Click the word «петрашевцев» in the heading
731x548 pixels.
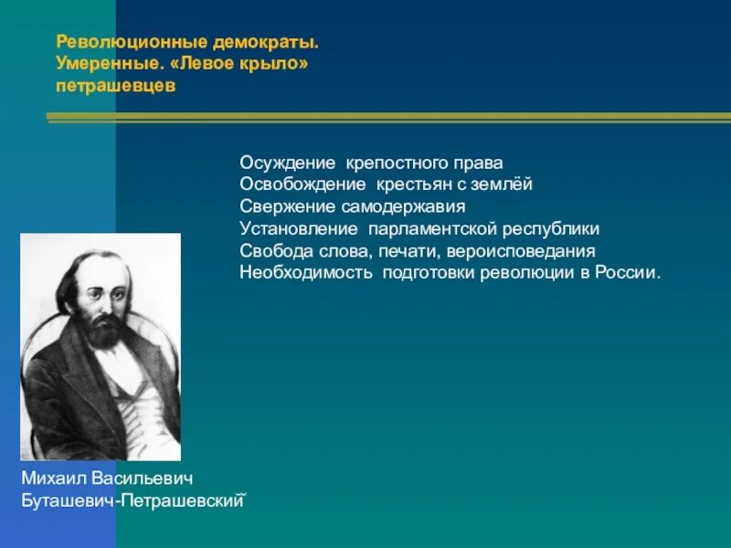tap(114, 87)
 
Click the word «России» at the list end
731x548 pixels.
tap(632, 272)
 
